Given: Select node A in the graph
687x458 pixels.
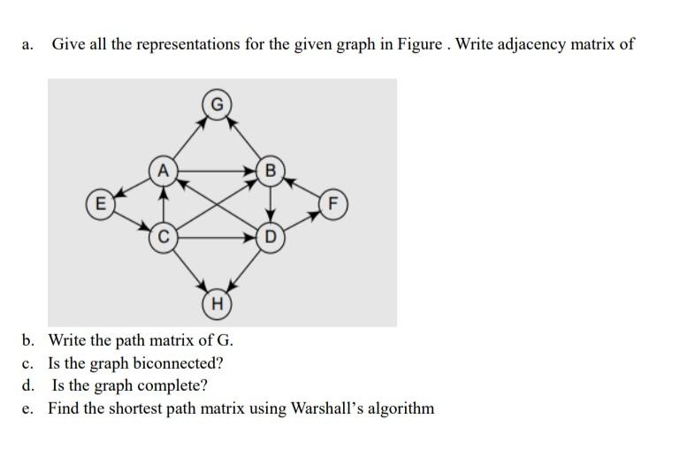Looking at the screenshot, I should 164,169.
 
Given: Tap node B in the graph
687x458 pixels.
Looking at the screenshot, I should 271,170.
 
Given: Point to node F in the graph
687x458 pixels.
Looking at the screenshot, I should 332,202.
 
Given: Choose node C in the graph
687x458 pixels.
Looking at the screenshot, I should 164,236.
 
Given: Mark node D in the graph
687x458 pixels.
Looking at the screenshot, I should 271,236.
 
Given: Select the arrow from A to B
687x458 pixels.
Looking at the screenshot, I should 217,169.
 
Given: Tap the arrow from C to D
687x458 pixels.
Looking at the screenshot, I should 217,236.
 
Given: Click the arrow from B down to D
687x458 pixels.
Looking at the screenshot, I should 271,203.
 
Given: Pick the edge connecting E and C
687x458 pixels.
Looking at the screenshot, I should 133,219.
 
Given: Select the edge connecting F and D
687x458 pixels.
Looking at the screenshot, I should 302,219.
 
